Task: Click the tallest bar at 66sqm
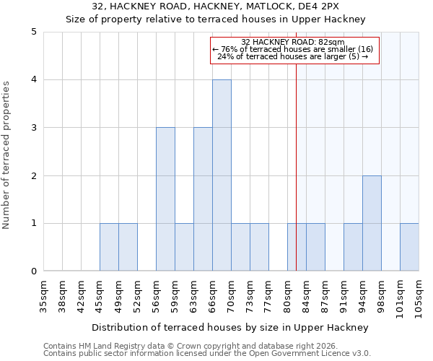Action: click(222, 175)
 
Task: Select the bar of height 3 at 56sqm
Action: click(165, 199)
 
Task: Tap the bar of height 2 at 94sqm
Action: click(372, 223)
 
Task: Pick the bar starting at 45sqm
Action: click(109, 247)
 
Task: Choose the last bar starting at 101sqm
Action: click(409, 247)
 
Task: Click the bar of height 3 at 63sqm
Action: click(203, 199)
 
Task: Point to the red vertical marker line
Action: click(296, 180)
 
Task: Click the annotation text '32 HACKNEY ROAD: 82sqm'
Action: click(293, 42)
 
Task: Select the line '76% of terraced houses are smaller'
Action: click(293, 49)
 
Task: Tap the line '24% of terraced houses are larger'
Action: click(293, 56)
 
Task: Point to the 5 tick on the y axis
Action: click(34, 32)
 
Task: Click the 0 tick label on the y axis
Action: click(34, 271)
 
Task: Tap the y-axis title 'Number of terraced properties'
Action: click(7, 155)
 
